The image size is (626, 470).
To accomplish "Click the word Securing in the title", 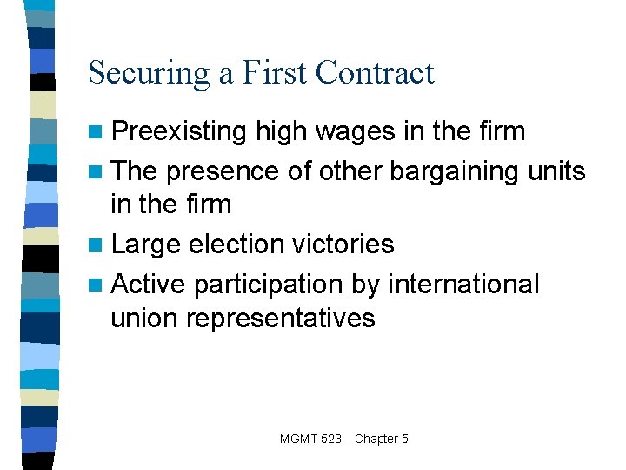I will coord(148,73).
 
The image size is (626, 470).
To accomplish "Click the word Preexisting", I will coord(180,132).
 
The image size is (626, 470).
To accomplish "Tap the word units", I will coord(556,171).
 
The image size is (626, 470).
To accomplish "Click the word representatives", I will coord(281,319).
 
